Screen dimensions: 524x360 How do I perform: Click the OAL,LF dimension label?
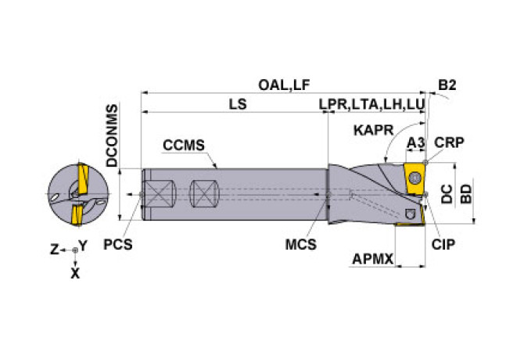(284, 85)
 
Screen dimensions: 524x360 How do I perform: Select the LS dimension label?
(238, 104)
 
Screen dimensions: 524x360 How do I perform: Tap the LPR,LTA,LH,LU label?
(371, 104)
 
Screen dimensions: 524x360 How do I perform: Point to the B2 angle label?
(447, 85)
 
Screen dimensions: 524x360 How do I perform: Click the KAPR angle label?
(374, 131)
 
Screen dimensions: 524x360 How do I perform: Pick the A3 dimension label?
(415, 143)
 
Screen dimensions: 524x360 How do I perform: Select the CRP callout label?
(449, 142)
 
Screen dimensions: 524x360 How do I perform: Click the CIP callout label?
(443, 244)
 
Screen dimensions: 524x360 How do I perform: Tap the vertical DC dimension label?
(447, 194)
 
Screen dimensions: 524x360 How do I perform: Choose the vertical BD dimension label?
(466, 194)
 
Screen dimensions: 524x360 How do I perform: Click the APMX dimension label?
(372, 259)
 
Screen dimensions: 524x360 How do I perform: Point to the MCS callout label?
(301, 244)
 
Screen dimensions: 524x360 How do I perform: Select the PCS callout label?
(117, 244)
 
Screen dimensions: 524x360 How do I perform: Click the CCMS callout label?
(184, 146)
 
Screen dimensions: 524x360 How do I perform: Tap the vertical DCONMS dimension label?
(112, 135)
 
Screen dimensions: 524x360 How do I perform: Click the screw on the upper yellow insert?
(415, 178)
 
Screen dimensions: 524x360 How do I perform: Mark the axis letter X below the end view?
(75, 274)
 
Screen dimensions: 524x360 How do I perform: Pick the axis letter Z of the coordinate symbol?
(55, 250)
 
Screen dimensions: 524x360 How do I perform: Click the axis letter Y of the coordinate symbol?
(83, 246)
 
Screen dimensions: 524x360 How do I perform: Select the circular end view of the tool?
(78, 195)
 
